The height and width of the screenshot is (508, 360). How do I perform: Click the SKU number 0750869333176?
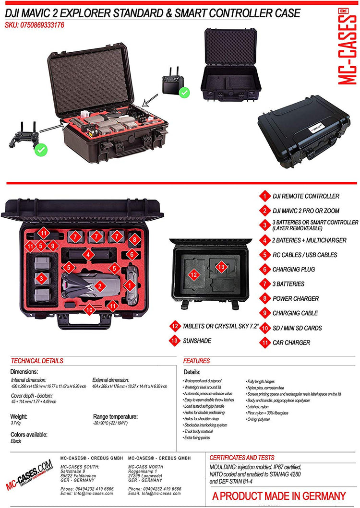pyautogui.click(x=34, y=25)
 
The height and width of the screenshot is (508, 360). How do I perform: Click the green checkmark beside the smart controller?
pyautogui.click(x=184, y=92)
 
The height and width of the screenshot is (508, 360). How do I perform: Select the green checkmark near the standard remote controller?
pyautogui.click(x=41, y=150)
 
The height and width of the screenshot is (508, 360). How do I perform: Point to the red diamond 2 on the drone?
pyautogui.click(x=99, y=286)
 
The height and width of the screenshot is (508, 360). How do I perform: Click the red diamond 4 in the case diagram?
pyautogui.click(x=88, y=255)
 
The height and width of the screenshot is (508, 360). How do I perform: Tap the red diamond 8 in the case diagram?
pyautogui.click(x=134, y=239)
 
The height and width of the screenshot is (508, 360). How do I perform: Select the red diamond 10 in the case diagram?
pyautogui.click(x=89, y=310)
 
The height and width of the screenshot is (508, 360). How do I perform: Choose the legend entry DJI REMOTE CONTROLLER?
pyautogui.click(x=306, y=196)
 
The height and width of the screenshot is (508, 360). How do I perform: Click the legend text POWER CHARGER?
pyautogui.click(x=295, y=298)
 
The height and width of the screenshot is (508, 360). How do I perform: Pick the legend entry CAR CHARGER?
pyautogui.click(x=291, y=343)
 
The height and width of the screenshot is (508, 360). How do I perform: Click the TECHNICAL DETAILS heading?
pyautogui.click(x=37, y=361)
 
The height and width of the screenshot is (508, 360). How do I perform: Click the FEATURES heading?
pyautogui.click(x=196, y=361)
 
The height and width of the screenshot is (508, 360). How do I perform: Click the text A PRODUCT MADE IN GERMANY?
pyautogui.click(x=279, y=496)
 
